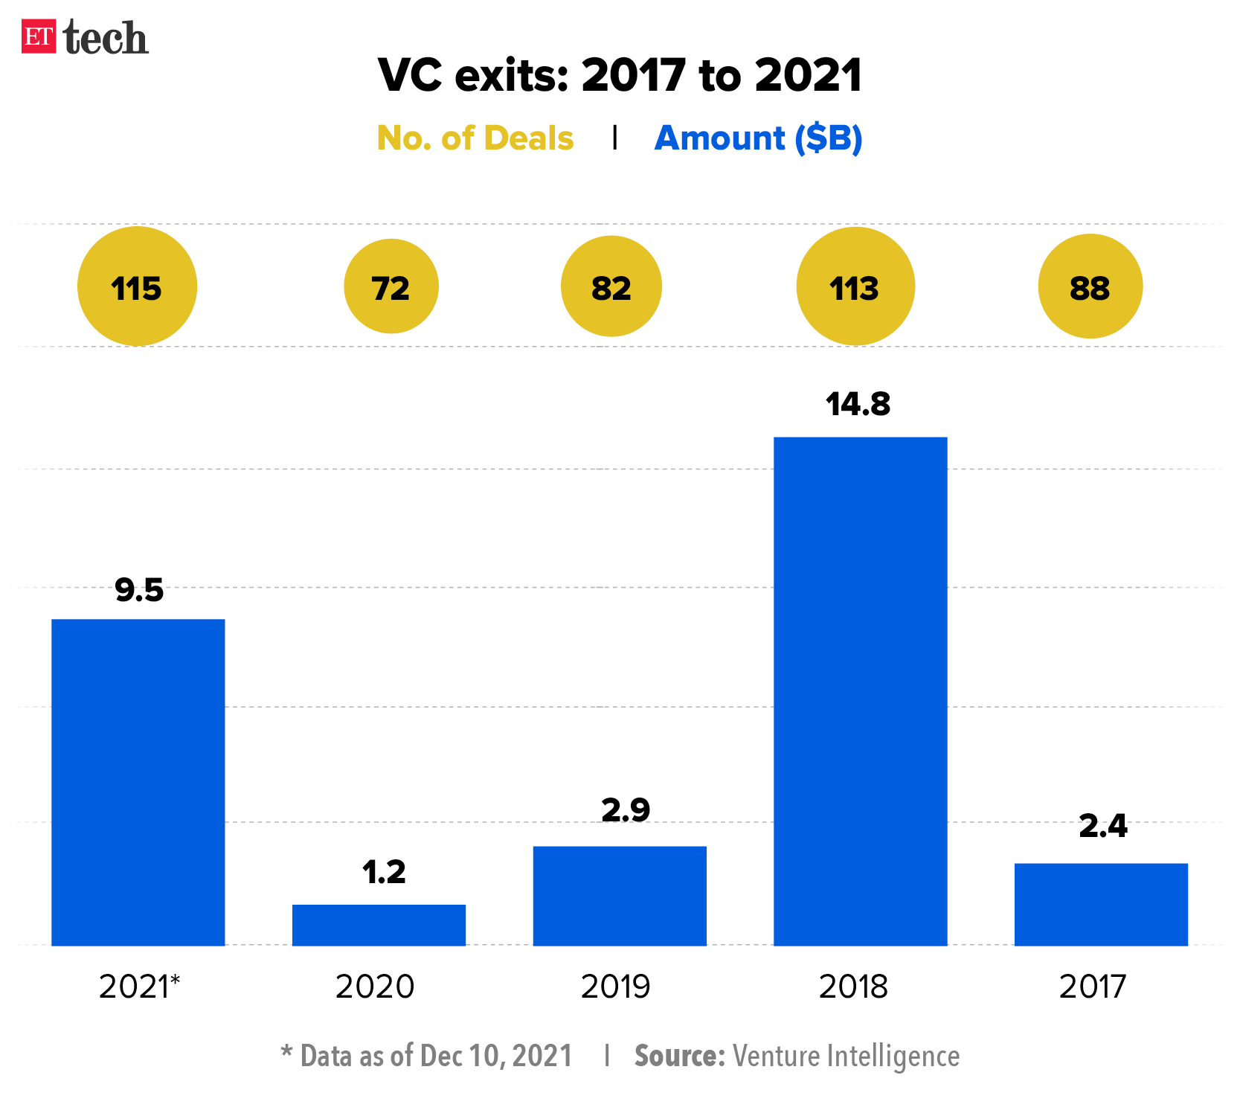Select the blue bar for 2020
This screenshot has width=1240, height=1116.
[x=379, y=925]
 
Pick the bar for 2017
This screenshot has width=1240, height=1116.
[x=1101, y=904]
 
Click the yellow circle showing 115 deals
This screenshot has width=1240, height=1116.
[x=137, y=286]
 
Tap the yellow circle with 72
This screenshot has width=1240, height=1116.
[x=391, y=286]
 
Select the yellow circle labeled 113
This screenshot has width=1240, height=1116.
[x=855, y=286]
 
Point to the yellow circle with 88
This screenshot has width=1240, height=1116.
[x=1090, y=286]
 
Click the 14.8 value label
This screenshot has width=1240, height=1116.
[x=858, y=404]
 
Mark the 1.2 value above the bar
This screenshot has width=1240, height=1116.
[x=384, y=872]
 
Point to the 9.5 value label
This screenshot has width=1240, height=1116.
[x=139, y=590]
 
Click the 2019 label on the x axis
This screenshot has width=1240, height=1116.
[x=615, y=987]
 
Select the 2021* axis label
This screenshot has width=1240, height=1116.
[x=140, y=987]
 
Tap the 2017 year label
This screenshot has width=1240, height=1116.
[x=1092, y=987]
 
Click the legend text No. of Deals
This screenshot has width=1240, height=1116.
[x=475, y=138]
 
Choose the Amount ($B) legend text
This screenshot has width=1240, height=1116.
[x=758, y=138]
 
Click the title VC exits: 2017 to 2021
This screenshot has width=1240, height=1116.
[x=620, y=75]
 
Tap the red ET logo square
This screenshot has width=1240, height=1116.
[x=39, y=36]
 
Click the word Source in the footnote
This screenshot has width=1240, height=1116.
[x=679, y=1056]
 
